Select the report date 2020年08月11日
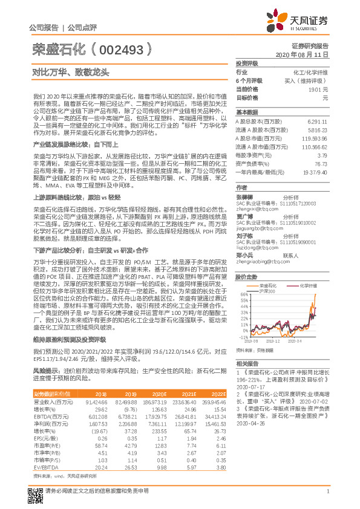[306, 54]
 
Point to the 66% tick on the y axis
[244, 294]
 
